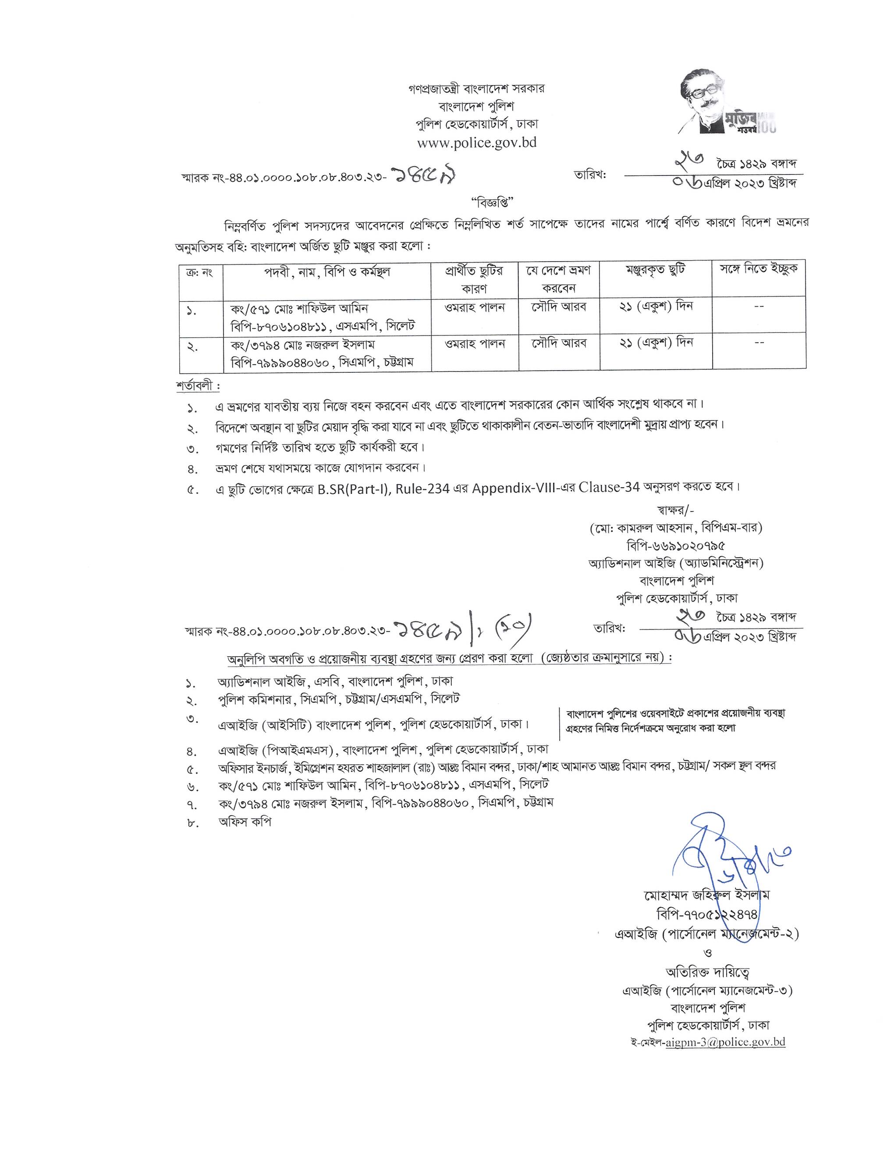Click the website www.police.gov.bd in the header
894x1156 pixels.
[x=477, y=143]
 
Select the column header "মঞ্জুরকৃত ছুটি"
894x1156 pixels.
[x=655, y=271]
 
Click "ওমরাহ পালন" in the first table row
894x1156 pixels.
[x=475, y=307]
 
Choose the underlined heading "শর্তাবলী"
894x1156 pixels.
[x=196, y=386]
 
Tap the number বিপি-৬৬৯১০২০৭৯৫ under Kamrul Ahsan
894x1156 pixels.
[x=675, y=545]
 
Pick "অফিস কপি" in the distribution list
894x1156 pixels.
[x=245, y=822]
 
